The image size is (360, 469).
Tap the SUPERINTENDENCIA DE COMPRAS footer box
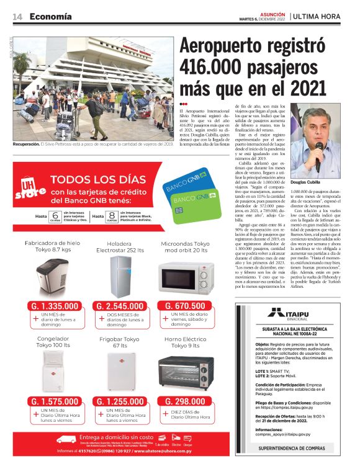[x=292, y=447]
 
